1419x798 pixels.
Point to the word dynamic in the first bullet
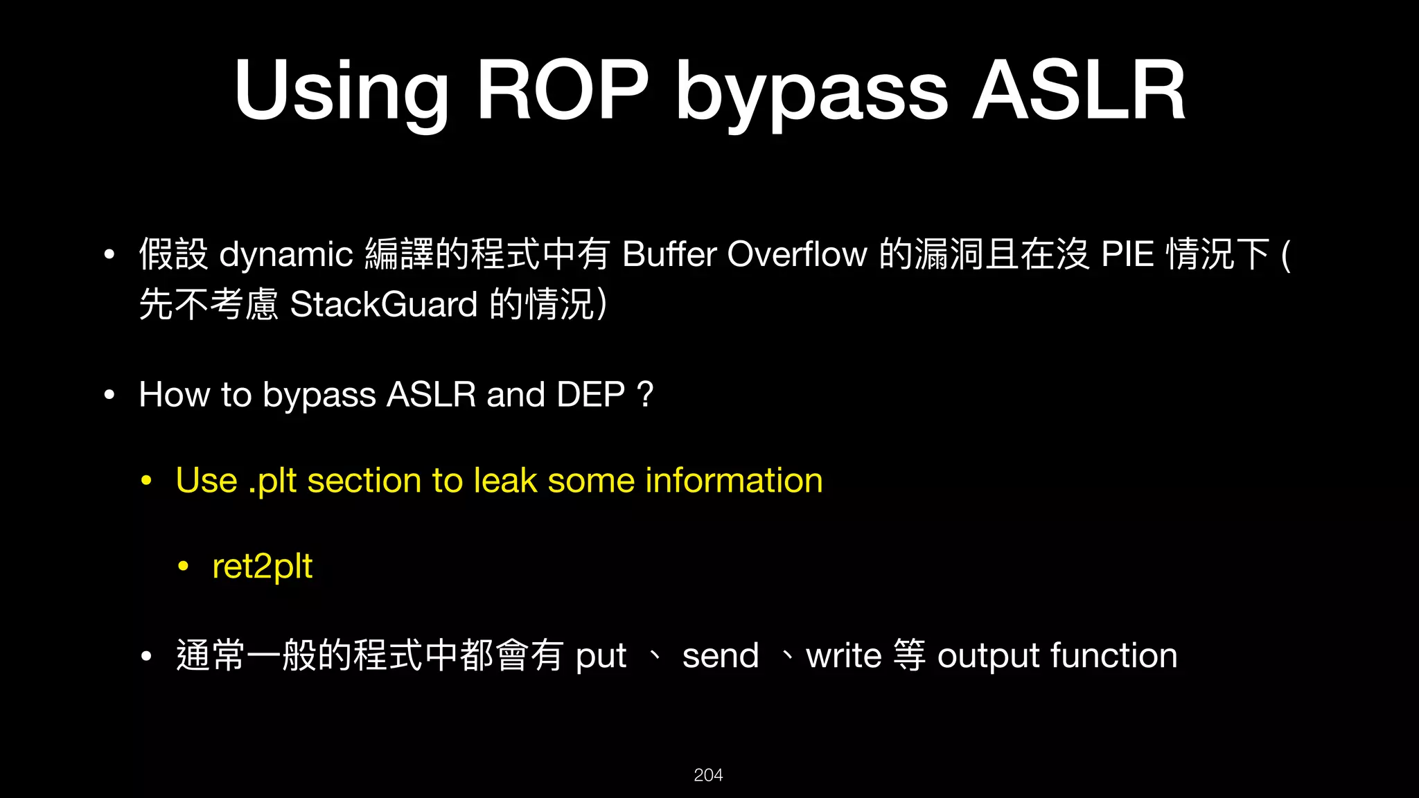(x=286, y=255)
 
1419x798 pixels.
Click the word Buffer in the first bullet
(x=669, y=254)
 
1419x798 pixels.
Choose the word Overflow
(x=797, y=254)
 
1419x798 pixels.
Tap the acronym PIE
(x=1127, y=254)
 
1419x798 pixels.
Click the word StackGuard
(x=384, y=305)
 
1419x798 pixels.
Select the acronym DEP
(x=590, y=395)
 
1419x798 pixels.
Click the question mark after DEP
(x=644, y=395)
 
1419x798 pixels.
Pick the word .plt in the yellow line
(x=272, y=481)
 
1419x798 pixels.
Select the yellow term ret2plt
(x=262, y=567)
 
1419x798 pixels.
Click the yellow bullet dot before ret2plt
(x=183, y=567)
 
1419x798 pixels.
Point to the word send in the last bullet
(x=720, y=655)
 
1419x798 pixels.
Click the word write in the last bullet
(x=843, y=655)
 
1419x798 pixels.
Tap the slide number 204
(x=708, y=775)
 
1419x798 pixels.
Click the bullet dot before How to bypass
(x=109, y=395)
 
